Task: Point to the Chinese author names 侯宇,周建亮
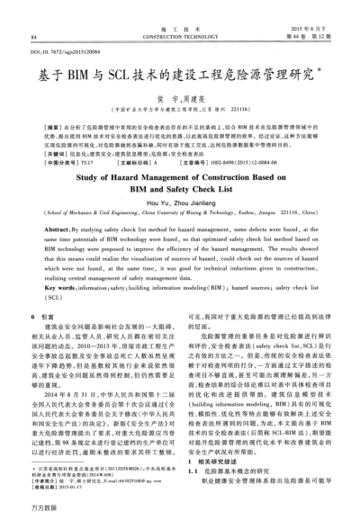coord(180,100)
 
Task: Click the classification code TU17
coord(87,163)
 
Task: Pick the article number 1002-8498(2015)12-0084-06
coord(234,163)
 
